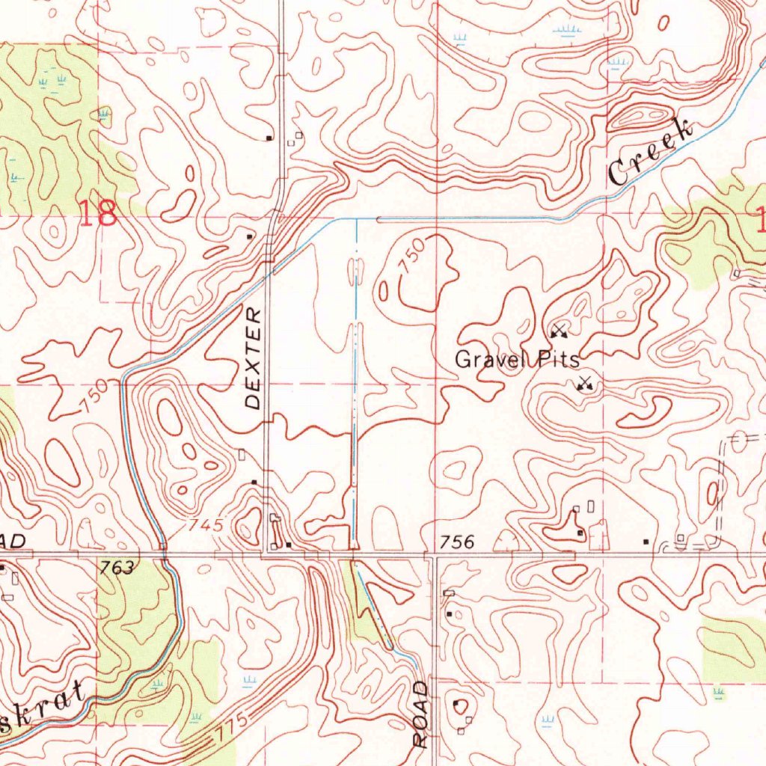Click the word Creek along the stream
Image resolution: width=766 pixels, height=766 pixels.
coord(649,154)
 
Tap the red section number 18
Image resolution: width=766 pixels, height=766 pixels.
coord(98,214)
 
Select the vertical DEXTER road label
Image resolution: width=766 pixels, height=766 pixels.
coord(254,358)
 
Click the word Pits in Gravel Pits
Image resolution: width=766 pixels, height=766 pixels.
coord(557,360)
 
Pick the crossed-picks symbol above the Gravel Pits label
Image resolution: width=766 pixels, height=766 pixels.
coord(558,331)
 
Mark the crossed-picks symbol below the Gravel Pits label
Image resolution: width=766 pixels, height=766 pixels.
coord(584,384)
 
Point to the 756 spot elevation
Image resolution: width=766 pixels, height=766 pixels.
coord(457,542)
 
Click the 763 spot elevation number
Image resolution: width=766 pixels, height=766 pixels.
coord(117,569)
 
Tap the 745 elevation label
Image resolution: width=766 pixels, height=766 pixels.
coord(206,526)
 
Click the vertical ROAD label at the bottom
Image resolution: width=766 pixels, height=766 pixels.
coord(421,714)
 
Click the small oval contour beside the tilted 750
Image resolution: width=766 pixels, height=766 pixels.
coord(384,290)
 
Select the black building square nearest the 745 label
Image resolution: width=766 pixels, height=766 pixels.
coord(254,482)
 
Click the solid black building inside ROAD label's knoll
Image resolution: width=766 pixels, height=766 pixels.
coord(457,703)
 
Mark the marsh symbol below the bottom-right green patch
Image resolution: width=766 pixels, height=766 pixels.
coord(719,693)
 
